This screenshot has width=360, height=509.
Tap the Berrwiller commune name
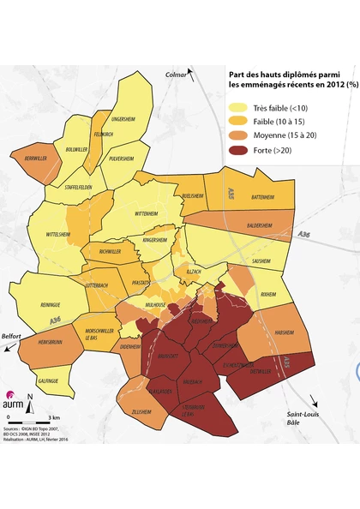36,158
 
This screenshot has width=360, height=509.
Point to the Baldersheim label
260,226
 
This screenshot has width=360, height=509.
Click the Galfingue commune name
47,380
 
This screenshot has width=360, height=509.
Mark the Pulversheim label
122,159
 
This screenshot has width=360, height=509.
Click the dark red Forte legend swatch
237,151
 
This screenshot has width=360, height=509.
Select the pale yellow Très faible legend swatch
237,107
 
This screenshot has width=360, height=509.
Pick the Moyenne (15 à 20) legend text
285,136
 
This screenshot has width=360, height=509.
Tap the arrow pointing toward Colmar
194,75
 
